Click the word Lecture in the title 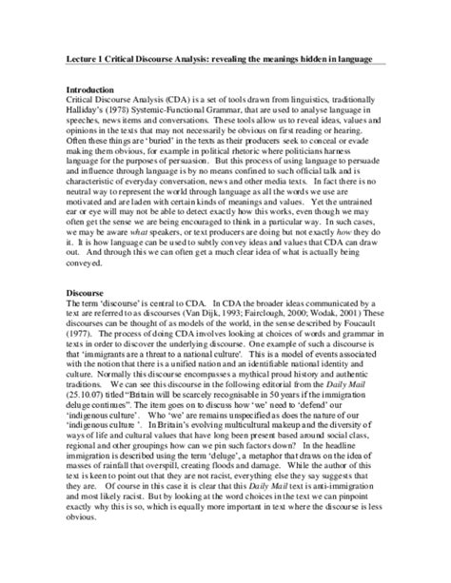tap(77, 59)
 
